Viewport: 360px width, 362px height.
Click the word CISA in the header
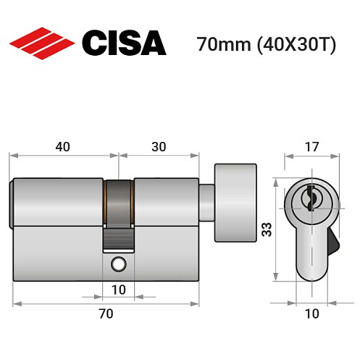pos(124,43)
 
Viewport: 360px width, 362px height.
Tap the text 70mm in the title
pos(222,45)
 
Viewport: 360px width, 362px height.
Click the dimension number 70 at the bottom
pos(106,313)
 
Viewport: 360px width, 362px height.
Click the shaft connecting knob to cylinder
pos(207,198)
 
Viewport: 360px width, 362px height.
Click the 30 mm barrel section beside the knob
pos(165,201)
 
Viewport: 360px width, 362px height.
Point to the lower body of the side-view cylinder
pos(65,253)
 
